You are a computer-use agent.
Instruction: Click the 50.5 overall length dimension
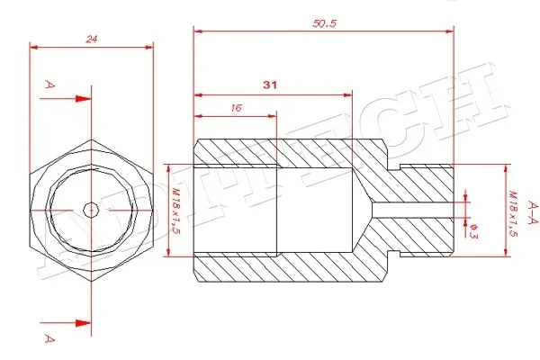point(324,23)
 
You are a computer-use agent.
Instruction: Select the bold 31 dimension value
point(270,85)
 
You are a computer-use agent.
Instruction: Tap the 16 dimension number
point(236,108)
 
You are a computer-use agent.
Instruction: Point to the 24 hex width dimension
point(91,39)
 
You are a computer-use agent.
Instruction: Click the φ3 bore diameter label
point(474,230)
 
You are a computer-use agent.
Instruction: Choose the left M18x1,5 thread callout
point(176,211)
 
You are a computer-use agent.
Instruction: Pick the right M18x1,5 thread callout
point(513,213)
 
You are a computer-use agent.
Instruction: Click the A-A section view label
point(533,212)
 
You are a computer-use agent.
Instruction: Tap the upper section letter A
point(49,85)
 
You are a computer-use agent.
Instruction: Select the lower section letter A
point(49,338)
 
